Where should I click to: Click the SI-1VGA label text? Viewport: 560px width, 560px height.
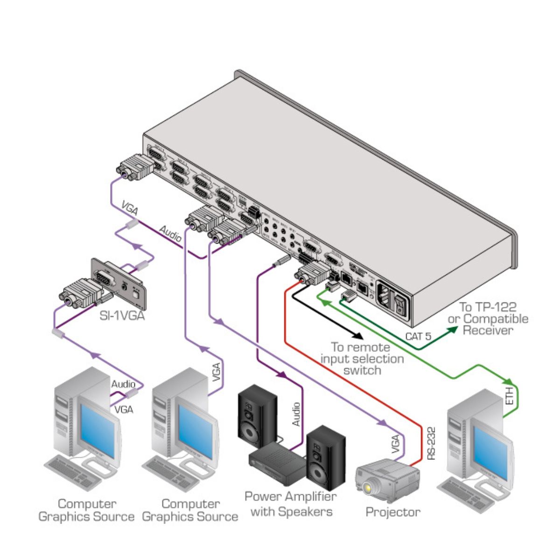tap(122, 316)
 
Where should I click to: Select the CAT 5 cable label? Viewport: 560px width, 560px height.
tap(418, 335)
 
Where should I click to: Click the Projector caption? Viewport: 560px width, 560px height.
tap(392, 512)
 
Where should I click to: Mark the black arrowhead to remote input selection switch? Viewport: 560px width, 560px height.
tap(358, 335)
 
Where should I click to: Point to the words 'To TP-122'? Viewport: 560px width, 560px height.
tap(488, 307)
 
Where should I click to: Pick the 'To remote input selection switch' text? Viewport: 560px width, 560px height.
tap(362, 359)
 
